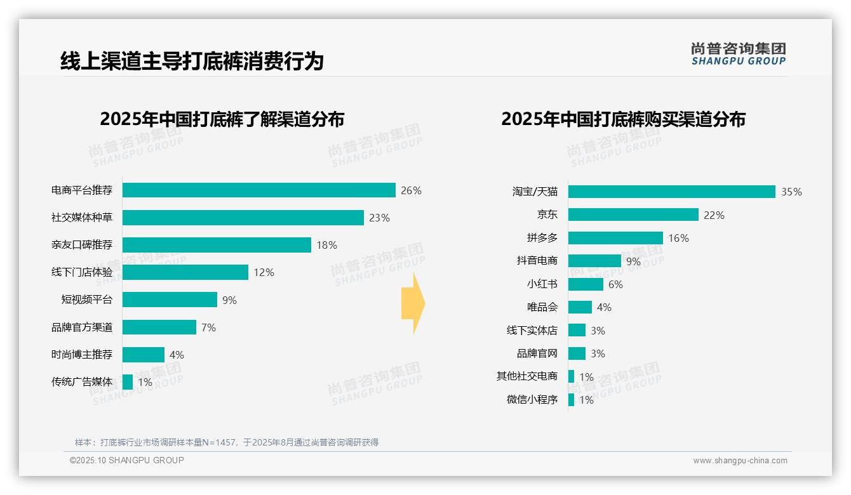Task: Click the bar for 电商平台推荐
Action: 258,190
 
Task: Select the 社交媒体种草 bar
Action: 243,218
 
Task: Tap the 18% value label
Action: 326,245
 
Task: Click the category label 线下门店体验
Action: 82,272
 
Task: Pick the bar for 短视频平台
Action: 170,300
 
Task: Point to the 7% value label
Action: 208,327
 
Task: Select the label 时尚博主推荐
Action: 82,355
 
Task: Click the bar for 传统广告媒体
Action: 128,382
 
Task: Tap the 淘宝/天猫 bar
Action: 671,192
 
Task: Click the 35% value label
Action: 791,192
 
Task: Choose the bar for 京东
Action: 633,215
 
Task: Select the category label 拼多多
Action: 542,238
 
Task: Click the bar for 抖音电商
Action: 594,261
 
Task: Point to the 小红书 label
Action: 542,284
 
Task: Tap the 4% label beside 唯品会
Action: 604,307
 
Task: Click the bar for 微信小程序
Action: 571,400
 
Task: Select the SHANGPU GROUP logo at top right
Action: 738,53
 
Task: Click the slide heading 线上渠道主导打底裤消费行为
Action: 192,61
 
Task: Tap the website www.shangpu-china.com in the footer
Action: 740,461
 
